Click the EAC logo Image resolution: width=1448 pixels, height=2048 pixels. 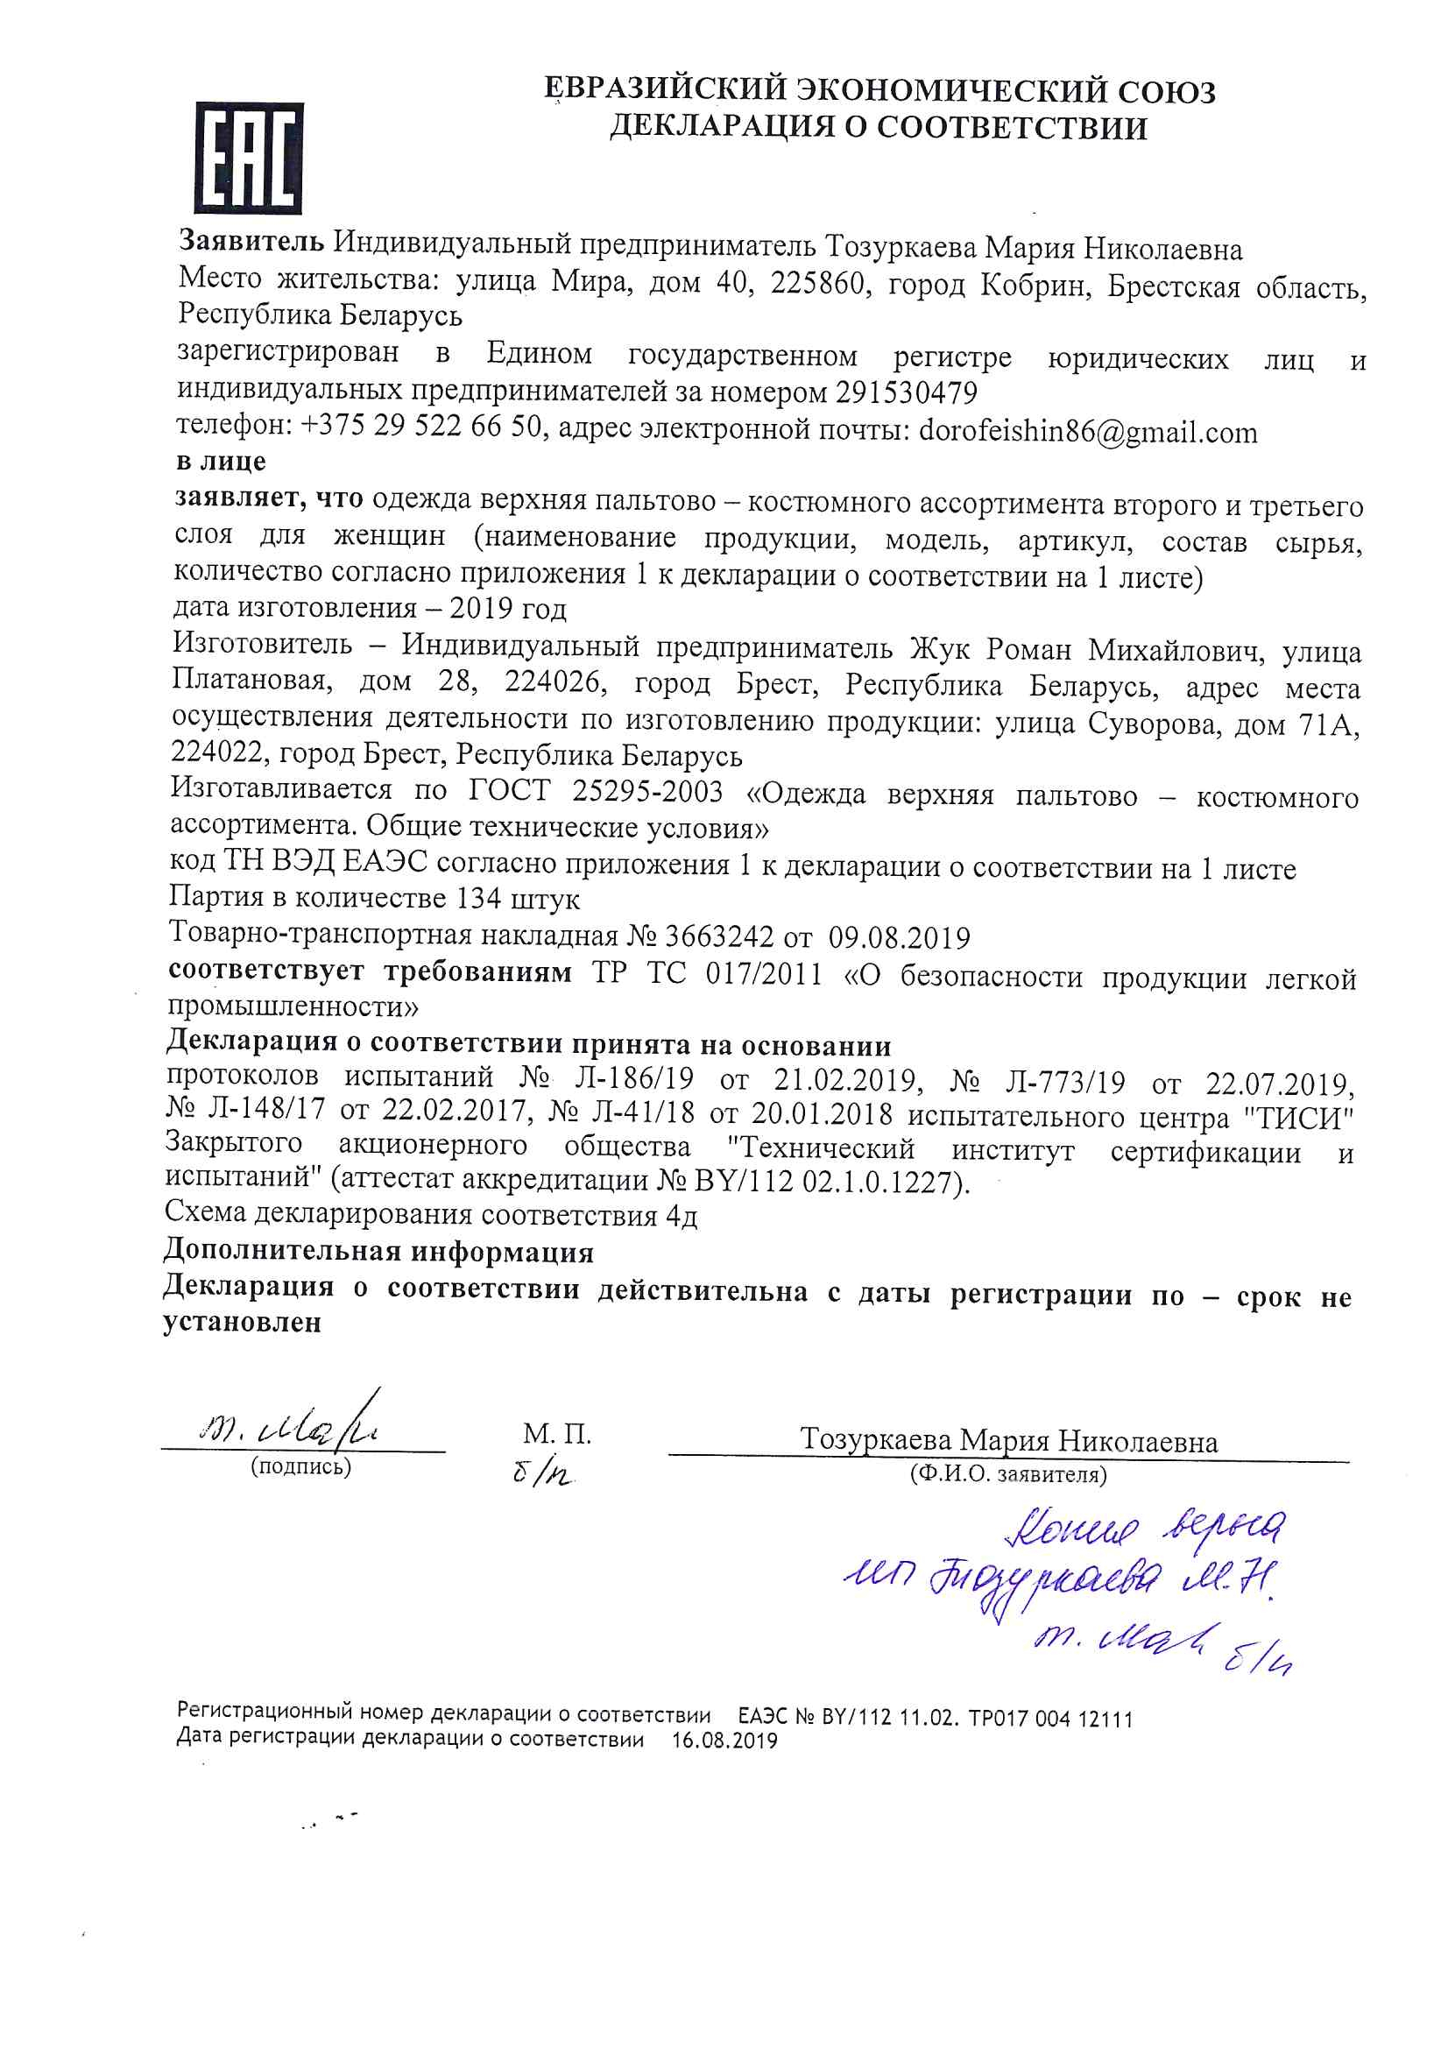pyautogui.click(x=249, y=158)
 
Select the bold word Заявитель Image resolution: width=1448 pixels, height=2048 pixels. pyautogui.click(x=251, y=241)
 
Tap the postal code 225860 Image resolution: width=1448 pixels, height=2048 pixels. pyautogui.click(x=817, y=284)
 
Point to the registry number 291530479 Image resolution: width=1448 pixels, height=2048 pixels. pyautogui.click(x=907, y=392)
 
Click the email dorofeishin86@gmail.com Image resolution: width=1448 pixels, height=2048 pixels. pyautogui.click(x=1088, y=432)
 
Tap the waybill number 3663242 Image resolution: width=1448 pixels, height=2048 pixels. pyautogui.click(x=719, y=937)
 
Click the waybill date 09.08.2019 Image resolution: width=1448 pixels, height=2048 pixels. pyautogui.click(x=899, y=938)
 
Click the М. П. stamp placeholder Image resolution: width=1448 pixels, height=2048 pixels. pyautogui.click(x=557, y=1434)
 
